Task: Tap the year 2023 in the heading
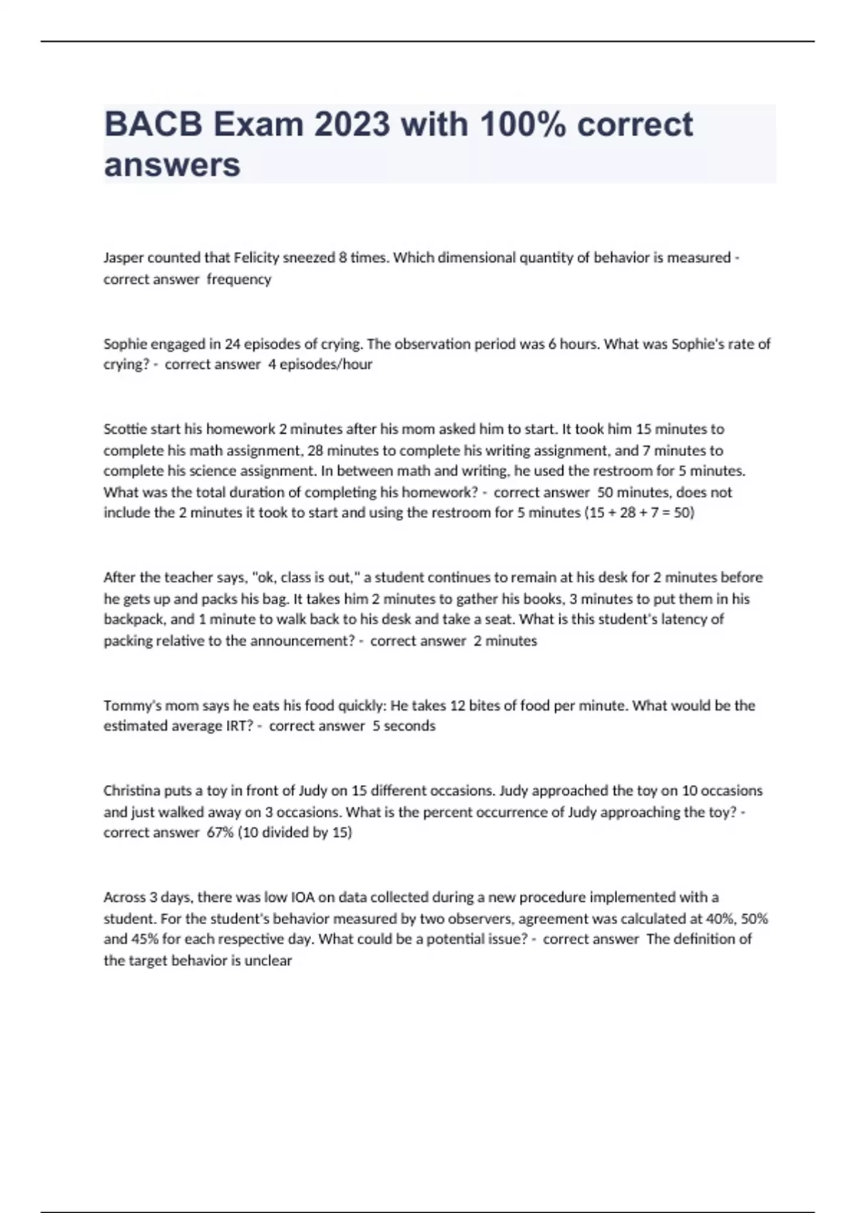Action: click(352, 124)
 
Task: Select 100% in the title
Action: click(524, 124)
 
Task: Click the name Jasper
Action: click(123, 258)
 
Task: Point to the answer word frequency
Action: click(239, 279)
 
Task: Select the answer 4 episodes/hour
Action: click(320, 365)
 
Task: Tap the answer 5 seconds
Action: click(404, 726)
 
